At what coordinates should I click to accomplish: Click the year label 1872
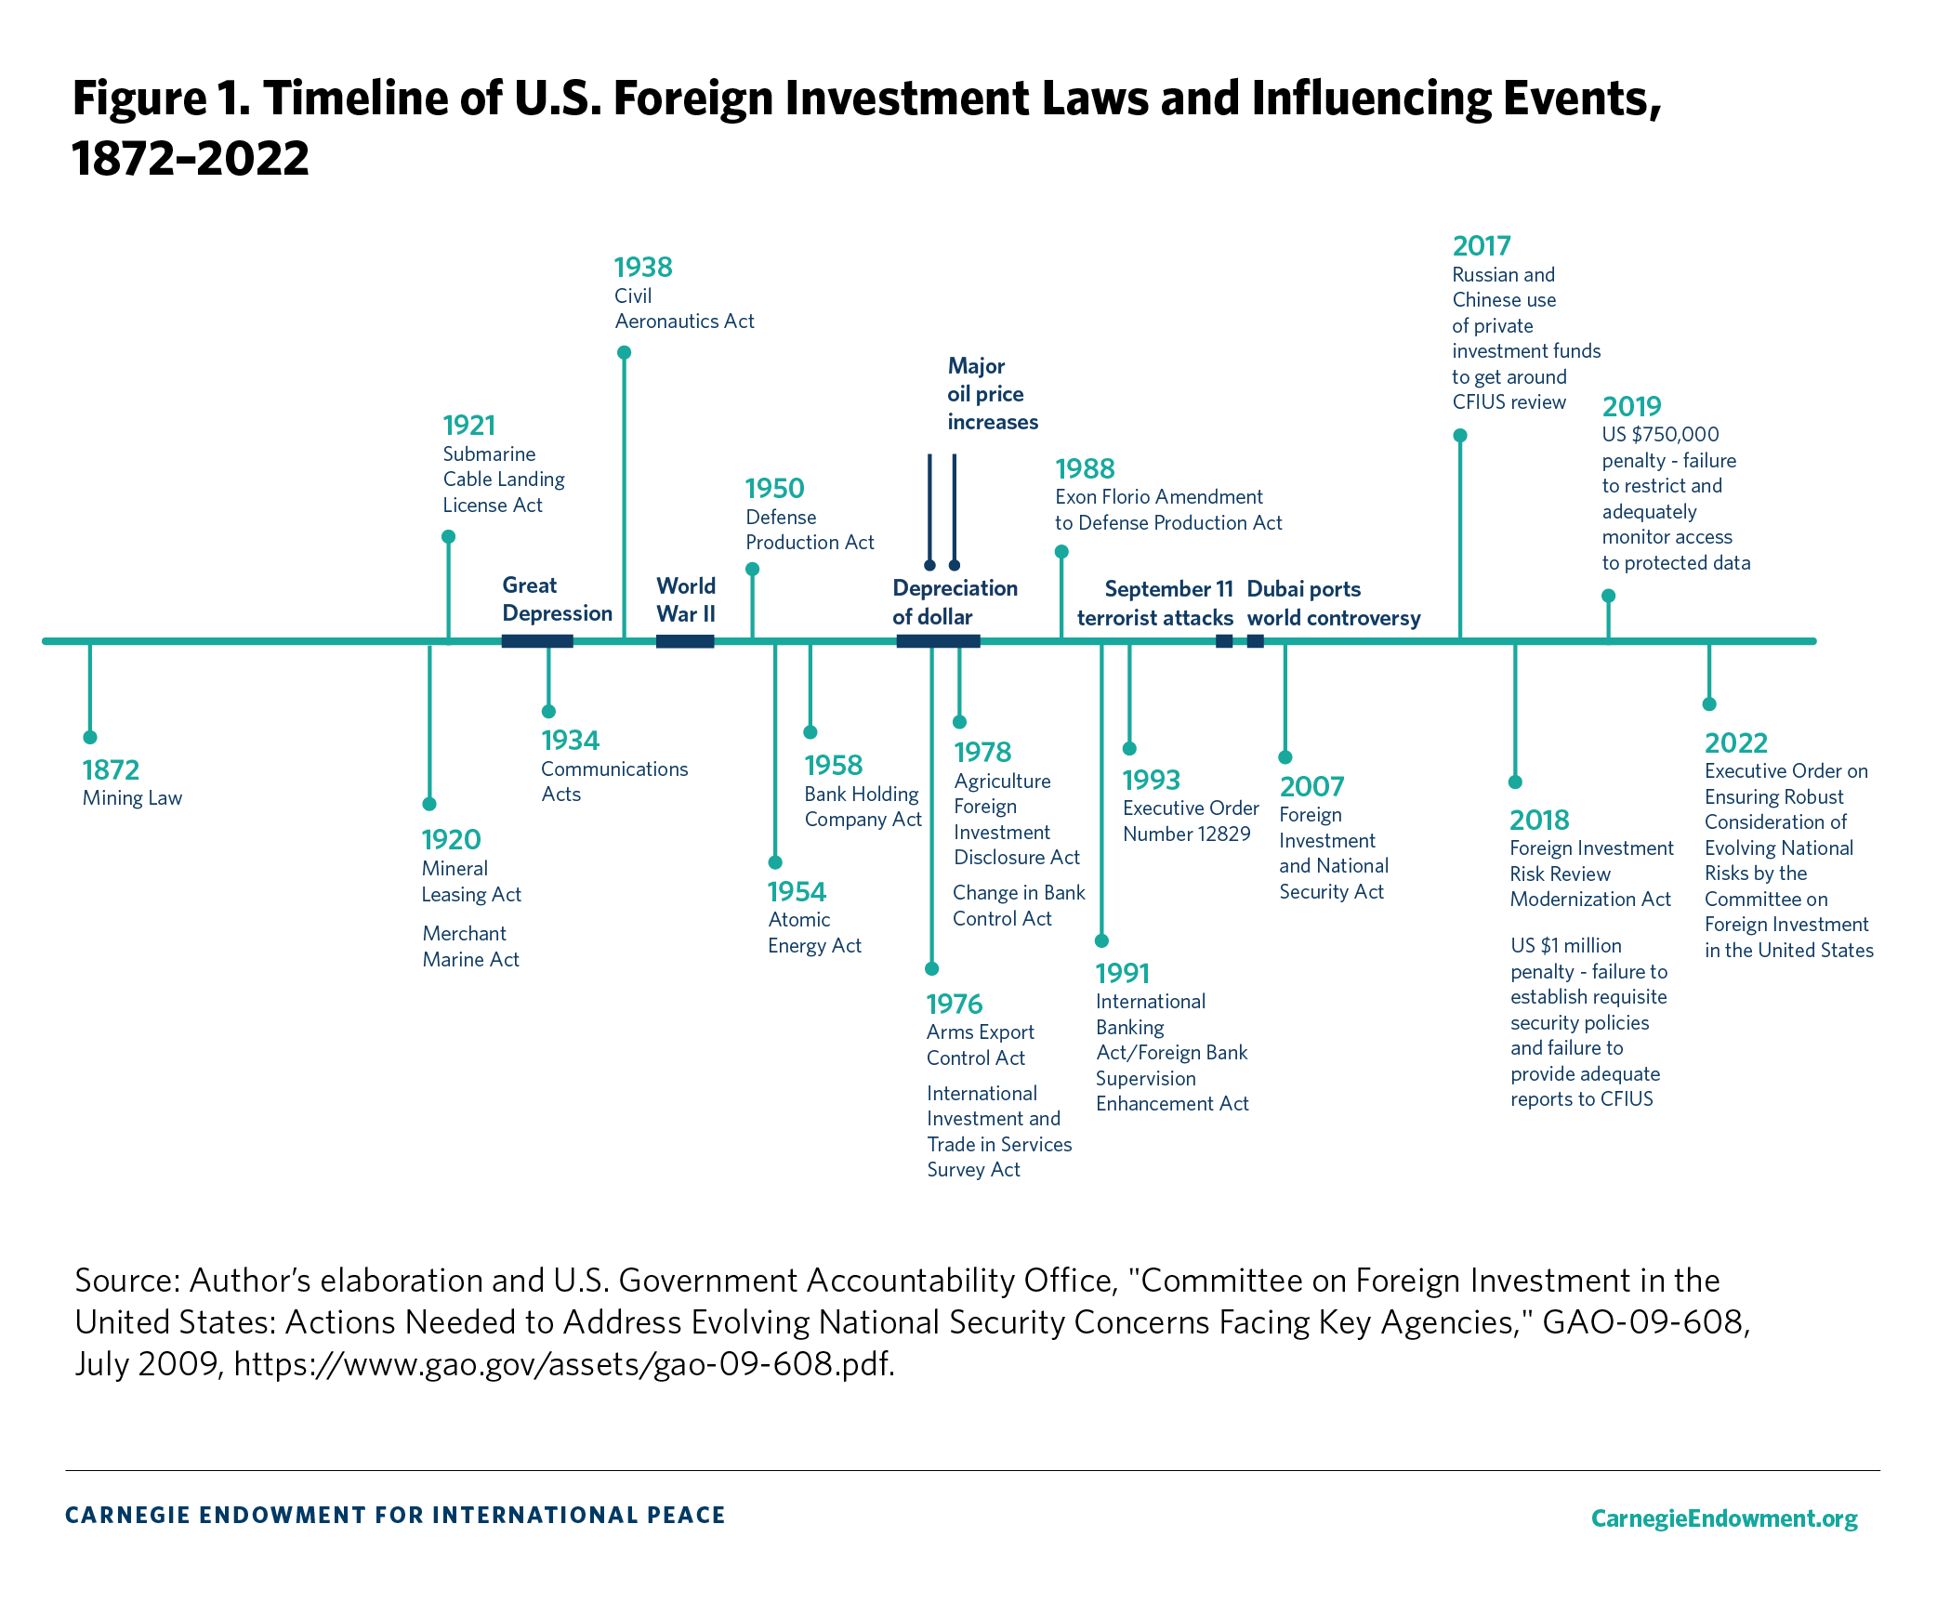click(111, 769)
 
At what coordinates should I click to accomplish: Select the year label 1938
click(643, 268)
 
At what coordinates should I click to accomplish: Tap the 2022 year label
click(1735, 742)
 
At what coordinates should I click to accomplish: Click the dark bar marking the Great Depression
click(537, 641)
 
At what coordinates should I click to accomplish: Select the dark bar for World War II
click(685, 641)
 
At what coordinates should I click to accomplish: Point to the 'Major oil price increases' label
click(992, 394)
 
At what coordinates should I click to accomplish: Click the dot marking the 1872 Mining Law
click(90, 737)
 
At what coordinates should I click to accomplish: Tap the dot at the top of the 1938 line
click(625, 352)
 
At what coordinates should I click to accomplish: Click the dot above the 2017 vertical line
click(1460, 435)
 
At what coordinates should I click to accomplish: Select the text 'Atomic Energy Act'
click(814, 932)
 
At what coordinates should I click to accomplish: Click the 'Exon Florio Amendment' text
click(1159, 497)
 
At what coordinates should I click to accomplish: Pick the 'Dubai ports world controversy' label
click(1333, 603)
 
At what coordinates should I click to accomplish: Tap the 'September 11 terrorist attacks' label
click(1154, 603)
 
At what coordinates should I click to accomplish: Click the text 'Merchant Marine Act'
click(470, 946)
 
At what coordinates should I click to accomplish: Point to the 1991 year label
click(1122, 973)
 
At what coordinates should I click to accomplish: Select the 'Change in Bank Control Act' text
click(1019, 905)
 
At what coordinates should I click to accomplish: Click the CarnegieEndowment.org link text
click(1723, 1517)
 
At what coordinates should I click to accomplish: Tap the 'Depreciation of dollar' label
click(955, 602)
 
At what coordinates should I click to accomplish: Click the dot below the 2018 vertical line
click(1515, 782)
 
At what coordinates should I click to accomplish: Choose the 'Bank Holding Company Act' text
click(863, 806)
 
